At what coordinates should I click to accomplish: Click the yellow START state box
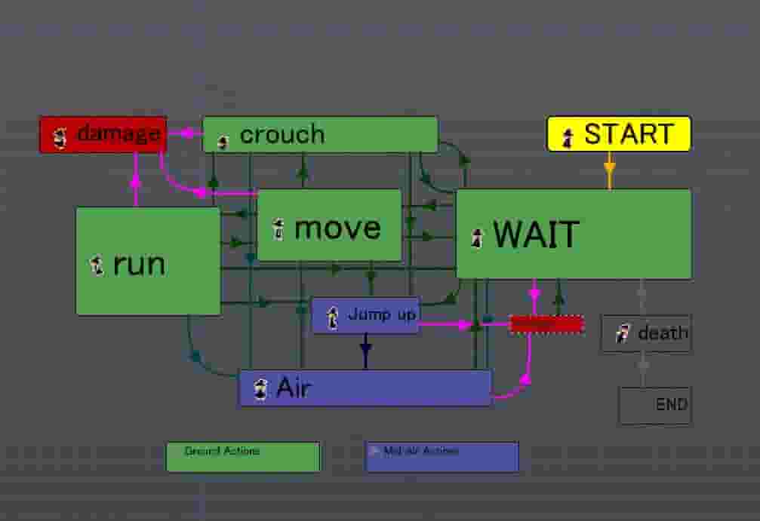pos(618,134)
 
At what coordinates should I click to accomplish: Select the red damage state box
pos(103,135)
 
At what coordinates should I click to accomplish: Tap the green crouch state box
pos(320,134)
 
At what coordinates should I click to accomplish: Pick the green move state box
pos(329,225)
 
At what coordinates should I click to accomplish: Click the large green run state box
pos(148,261)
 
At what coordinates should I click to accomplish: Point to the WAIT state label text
pos(536,235)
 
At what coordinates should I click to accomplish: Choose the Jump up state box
pos(365,315)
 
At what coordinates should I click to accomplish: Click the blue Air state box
pos(365,388)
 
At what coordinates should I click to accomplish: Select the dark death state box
pos(647,333)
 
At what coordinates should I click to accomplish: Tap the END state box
pos(655,405)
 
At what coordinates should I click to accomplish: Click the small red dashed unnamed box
pos(547,324)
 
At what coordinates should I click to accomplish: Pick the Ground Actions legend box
pos(243,457)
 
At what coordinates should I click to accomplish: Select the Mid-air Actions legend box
pos(442,457)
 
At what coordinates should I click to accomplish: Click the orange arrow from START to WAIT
pos(610,170)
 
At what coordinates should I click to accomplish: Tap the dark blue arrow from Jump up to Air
pos(366,351)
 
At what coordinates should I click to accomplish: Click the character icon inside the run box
pos(97,265)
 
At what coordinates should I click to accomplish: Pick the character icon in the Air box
pos(261,390)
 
